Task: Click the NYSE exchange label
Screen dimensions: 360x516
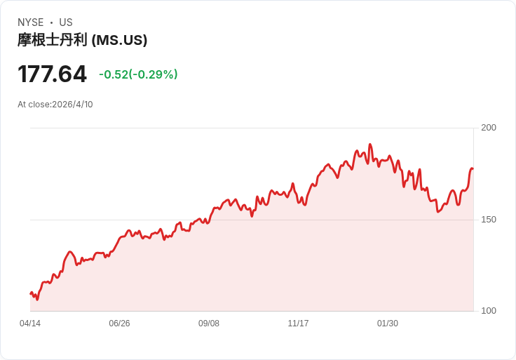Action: [30, 22]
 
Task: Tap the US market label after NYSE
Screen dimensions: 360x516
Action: [66, 22]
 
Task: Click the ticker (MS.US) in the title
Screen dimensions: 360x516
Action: [119, 41]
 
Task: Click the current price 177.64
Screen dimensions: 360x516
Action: [52, 74]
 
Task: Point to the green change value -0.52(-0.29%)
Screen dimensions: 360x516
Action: [138, 74]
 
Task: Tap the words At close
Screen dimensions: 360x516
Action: [34, 105]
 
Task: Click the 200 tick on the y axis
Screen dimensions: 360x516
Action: [488, 128]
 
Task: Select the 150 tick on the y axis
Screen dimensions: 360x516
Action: [488, 220]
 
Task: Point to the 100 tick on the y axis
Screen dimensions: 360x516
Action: [488, 311]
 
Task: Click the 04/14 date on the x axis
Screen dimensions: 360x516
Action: [30, 324]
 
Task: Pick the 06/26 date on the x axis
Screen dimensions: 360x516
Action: [119, 324]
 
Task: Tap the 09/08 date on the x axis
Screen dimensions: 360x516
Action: [209, 324]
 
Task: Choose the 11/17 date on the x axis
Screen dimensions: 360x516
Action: [298, 324]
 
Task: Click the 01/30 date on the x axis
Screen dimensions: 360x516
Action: [388, 324]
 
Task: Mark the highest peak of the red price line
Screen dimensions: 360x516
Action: [370, 145]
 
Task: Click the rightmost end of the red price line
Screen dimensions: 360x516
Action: [473, 168]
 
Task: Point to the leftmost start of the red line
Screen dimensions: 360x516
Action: [31, 293]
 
